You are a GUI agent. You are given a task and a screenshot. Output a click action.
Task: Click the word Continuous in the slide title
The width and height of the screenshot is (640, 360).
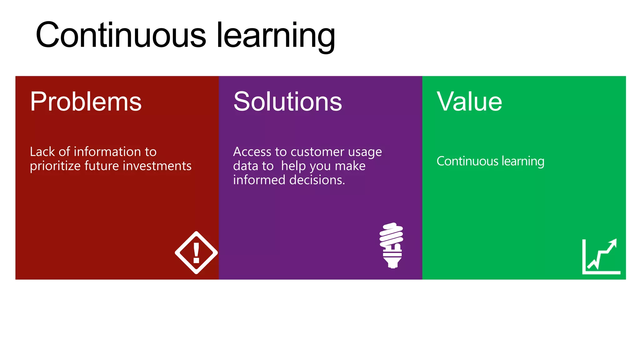[x=121, y=35]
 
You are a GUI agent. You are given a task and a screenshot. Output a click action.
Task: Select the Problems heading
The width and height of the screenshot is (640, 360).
[x=86, y=102]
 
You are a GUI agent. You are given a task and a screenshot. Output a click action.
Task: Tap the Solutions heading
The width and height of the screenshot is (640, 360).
[x=287, y=102]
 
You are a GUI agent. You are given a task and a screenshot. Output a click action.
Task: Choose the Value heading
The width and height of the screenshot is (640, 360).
[x=469, y=102]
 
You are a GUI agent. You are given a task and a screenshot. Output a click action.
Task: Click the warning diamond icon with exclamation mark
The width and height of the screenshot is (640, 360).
[x=196, y=252]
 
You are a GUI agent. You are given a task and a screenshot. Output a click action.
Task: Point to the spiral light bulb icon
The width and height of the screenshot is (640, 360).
[x=392, y=245]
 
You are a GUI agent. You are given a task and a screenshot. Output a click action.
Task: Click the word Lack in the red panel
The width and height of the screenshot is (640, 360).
[x=42, y=152]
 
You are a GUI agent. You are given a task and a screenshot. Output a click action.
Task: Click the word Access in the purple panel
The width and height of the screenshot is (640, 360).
[x=252, y=152]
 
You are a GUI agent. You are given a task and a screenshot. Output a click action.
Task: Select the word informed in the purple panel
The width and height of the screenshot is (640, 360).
[x=259, y=180]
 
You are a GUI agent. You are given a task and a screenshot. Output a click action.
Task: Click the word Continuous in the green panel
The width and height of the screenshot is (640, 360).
[x=467, y=161]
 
